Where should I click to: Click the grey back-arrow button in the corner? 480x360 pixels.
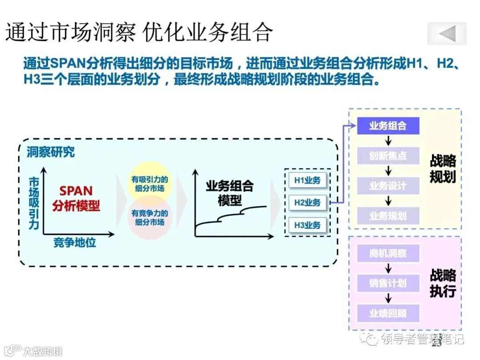tap(447, 33)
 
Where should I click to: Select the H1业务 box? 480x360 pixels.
tap(307, 181)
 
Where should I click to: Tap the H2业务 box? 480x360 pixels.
tap(307, 203)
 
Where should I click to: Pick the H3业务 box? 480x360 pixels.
tap(307, 225)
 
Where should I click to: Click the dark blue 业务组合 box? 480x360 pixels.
tap(388, 126)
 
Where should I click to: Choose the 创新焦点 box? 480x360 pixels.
tap(388, 156)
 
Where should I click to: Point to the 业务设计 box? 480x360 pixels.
tap(388, 186)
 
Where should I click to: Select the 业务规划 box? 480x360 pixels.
tap(388, 216)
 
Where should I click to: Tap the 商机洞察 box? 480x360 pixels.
tap(388, 254)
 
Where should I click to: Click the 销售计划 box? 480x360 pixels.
tap(388, 283)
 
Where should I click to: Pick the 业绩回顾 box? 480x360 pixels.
tap(388, 313)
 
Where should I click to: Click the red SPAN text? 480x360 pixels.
tap(76, 191)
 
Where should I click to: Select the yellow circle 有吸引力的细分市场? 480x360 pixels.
tap(149, 184)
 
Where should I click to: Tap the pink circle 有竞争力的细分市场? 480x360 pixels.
tap(149, 217)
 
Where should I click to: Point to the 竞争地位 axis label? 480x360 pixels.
tap(75, 243)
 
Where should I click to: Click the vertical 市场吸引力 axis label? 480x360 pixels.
tap(34, 203)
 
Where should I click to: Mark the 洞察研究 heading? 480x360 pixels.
tap(50, 152)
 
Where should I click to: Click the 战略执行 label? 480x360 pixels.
tap(443, 283)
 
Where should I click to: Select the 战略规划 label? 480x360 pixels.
tap(443, 169)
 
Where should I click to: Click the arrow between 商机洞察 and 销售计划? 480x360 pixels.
tap(388, 268)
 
